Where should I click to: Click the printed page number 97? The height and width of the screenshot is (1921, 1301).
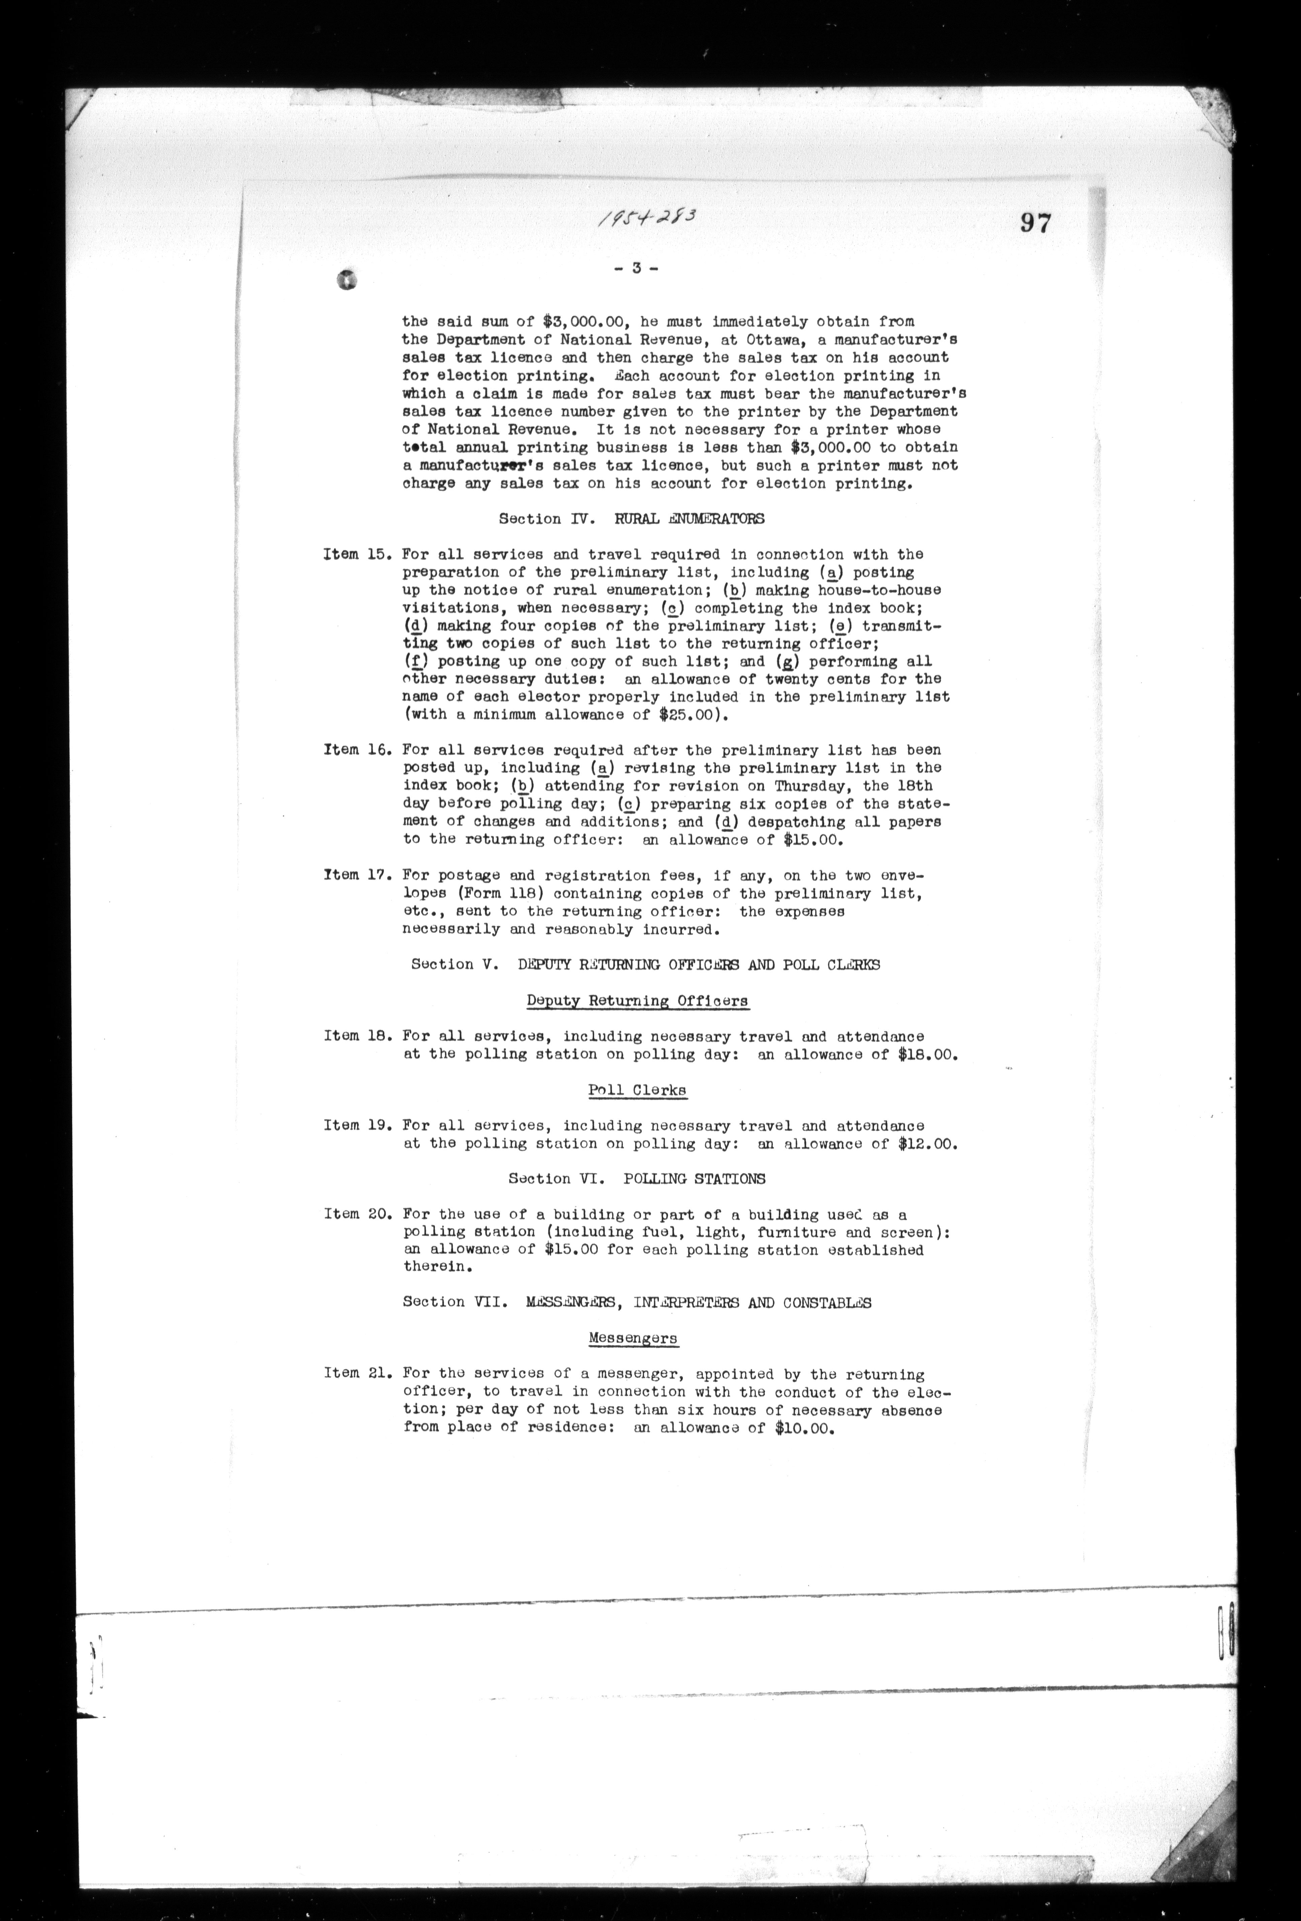[x=1035, y=223]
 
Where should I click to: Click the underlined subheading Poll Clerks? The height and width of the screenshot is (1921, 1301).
[x=636, y=1090]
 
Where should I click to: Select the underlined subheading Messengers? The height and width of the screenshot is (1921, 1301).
[x=633, y=1338]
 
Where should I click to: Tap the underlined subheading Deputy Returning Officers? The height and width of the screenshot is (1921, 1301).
[x=637, y=1001]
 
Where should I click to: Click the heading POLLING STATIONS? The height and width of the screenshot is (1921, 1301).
[x=694, y=1179]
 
